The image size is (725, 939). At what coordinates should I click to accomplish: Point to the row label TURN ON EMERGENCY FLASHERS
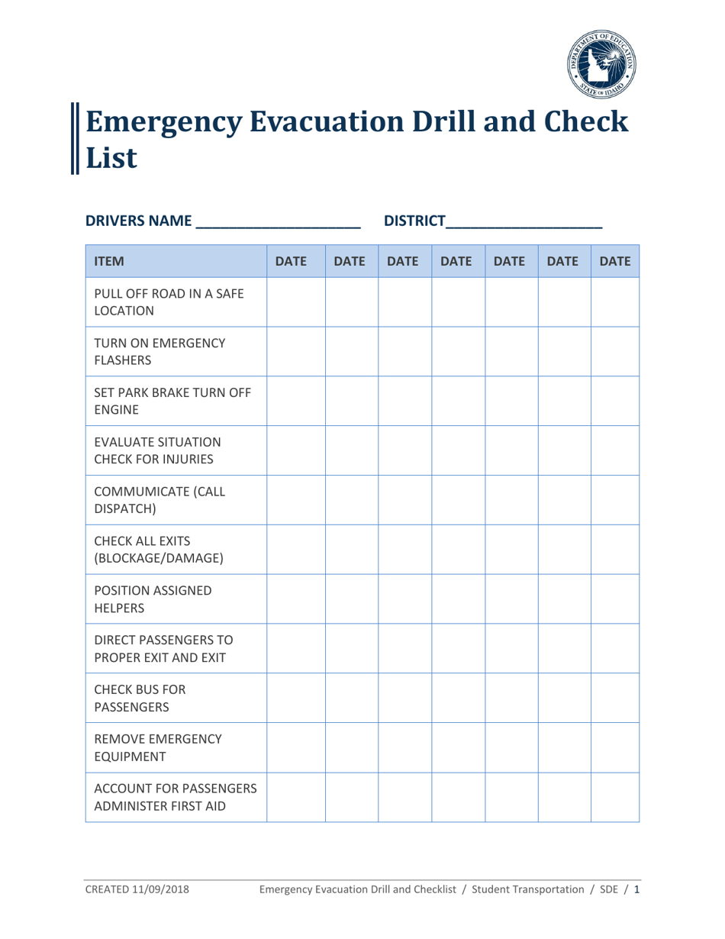point(144,352)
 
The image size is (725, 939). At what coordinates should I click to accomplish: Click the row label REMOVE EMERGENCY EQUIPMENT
point(147,747)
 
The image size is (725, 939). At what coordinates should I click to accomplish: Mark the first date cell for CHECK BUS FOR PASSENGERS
point(296,698)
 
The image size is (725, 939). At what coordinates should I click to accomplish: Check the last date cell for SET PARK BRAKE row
point(614,402)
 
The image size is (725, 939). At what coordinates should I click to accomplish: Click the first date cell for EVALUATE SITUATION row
point(296,450)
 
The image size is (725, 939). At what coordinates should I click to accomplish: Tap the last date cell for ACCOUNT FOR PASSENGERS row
point(614,796)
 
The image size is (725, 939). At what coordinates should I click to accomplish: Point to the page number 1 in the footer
point(636,889)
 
